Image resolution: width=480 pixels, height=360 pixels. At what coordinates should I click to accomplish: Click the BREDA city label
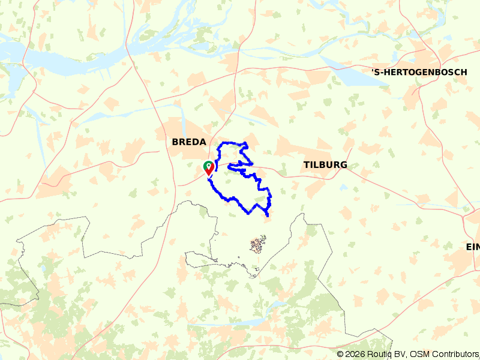[189, 142]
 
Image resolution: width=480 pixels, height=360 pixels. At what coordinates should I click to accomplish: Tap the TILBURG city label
[325, 165]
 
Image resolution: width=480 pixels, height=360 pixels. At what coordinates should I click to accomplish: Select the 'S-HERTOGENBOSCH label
[419, 73]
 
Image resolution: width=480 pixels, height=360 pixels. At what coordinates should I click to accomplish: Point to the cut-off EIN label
[473, 247]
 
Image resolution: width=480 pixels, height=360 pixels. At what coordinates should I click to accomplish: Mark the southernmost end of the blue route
[266, 216]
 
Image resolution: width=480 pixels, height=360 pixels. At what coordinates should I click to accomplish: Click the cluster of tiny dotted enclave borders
[258, 244]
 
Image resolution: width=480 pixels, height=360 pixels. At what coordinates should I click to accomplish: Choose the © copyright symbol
[340, 354]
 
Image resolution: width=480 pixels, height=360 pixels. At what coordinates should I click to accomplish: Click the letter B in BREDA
[175, 142]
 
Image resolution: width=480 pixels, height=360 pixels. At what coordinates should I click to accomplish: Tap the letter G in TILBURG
[343, 165]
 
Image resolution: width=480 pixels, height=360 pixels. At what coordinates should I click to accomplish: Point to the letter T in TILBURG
[307, 165]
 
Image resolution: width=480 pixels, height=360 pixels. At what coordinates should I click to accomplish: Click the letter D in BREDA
[196, 142]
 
